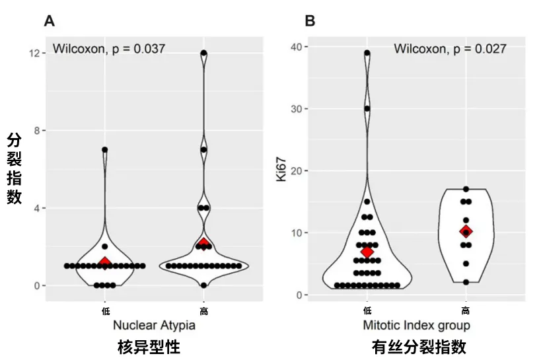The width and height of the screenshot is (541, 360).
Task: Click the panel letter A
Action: pos(49,21)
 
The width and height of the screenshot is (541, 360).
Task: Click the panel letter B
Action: pos(310,21)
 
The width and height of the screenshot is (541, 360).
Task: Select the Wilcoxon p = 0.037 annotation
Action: pos(109,48)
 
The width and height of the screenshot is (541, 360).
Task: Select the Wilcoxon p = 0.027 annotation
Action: pos(450,48)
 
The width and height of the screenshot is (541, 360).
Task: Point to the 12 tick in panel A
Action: pos(33,53)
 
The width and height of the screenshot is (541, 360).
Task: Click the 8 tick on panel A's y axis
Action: pos(36,131)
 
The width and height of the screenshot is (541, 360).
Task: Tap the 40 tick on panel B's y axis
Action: pos(297,47)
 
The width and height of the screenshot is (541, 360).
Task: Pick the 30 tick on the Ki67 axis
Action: pos(297,109)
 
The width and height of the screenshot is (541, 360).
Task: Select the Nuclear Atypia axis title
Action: pos(154,325)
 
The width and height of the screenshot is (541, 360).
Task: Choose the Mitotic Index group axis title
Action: pos(416,325)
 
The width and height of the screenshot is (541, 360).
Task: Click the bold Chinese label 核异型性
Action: pos(149,347)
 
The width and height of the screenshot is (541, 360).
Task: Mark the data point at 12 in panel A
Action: pos(204,53)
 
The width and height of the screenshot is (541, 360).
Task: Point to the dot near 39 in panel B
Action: pos(367,53)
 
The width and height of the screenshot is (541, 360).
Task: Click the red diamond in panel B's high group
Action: pos(466,232)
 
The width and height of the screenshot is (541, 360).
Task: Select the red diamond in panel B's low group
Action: pos(367,252)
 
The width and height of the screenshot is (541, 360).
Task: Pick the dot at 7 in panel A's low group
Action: pos(104,150)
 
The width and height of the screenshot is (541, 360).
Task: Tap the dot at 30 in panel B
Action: pos(367,109)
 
